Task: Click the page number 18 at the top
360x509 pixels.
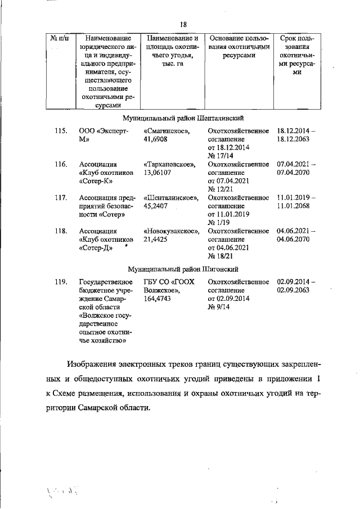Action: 183,24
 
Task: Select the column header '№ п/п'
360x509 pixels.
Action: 60,38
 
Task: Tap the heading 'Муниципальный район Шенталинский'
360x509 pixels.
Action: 183,118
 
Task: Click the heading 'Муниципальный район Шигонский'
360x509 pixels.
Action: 183,269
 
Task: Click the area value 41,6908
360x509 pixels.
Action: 157,139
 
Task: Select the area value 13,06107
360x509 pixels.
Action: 159,173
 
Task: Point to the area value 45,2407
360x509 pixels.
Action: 157,206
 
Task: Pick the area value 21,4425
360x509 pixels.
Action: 157,239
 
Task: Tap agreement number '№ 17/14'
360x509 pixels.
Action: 220,156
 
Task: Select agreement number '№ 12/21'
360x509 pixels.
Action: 220,189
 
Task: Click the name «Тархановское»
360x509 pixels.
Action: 169,164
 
